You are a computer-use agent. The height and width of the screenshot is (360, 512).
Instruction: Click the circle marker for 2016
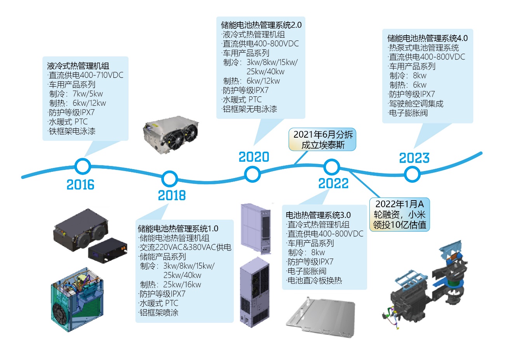(82, 166)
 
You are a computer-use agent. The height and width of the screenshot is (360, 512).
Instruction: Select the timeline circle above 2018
(169, 179)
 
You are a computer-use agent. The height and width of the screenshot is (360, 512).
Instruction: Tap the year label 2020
(254, 157)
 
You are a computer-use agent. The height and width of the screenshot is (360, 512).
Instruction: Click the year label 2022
(333, 183)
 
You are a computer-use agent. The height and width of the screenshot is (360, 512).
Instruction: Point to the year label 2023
(414, 158)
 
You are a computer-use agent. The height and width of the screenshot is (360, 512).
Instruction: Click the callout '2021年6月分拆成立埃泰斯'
(323, 140)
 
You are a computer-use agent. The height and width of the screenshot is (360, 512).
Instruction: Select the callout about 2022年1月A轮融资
(399, 214)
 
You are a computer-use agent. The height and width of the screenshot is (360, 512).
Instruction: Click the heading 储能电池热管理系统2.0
(261, 25)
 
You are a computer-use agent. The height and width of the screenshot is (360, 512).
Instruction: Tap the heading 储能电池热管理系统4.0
(427, 38)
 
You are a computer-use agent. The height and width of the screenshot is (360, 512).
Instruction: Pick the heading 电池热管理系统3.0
(318, 215)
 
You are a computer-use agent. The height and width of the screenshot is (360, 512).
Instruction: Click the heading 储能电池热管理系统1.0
(178, 229)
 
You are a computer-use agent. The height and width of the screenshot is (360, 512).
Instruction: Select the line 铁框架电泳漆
(72, 131)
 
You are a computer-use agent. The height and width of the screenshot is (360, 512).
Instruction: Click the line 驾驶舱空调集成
(416, 104)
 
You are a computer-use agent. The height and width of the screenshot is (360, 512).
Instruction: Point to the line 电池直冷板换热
(314, 281)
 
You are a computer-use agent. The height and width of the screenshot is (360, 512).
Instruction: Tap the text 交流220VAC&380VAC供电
(185, 247)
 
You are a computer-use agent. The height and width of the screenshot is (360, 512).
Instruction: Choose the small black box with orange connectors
(108, 250)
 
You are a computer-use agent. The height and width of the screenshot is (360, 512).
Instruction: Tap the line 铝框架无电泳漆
(249, 109)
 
